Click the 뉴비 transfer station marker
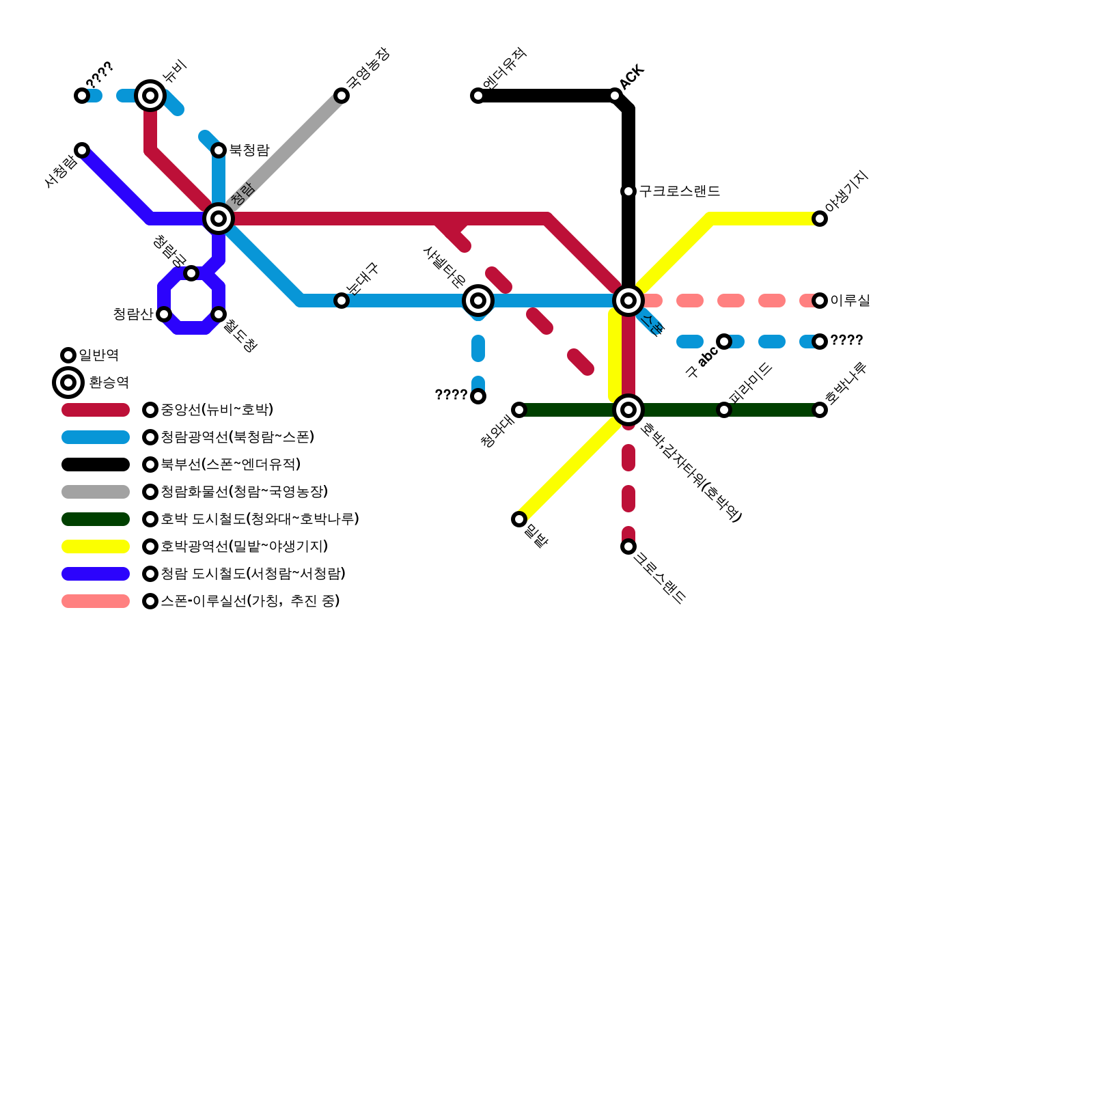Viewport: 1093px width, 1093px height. click(x=150, y=95)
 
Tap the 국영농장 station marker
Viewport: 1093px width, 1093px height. click(x=342, y=96)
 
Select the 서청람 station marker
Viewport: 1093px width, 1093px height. click(x=82, y=150)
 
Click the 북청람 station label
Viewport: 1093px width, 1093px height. click(x=249, y=150)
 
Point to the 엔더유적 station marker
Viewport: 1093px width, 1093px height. click(x=478, y=96)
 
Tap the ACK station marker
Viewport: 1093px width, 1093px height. click(x=615, y=96)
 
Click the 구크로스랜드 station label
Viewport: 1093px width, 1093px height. click(x=680, y=191)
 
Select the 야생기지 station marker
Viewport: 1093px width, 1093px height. click(x=820, y=219)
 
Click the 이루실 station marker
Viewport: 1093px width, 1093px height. click(x=820, y=301)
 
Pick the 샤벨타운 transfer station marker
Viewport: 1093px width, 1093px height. click(x=478, y=301)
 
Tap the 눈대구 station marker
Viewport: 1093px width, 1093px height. click(x=342, y=301)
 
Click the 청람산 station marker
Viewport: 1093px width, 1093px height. click(x=164, y=314)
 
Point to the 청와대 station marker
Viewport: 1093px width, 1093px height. click(x=519, y=410)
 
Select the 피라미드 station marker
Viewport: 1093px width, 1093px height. click(x=724, y=410)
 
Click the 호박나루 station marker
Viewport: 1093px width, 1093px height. click(x=820, y=410)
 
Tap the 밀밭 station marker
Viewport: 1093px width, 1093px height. click(x=519, y=519)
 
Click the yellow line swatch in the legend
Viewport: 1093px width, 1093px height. click(x=96, y=546)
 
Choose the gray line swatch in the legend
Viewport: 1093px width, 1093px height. click(x=96, y=492)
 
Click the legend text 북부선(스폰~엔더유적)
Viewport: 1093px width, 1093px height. click(x=231, y=465)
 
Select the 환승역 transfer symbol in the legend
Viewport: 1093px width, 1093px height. click(x=68, y=383)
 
